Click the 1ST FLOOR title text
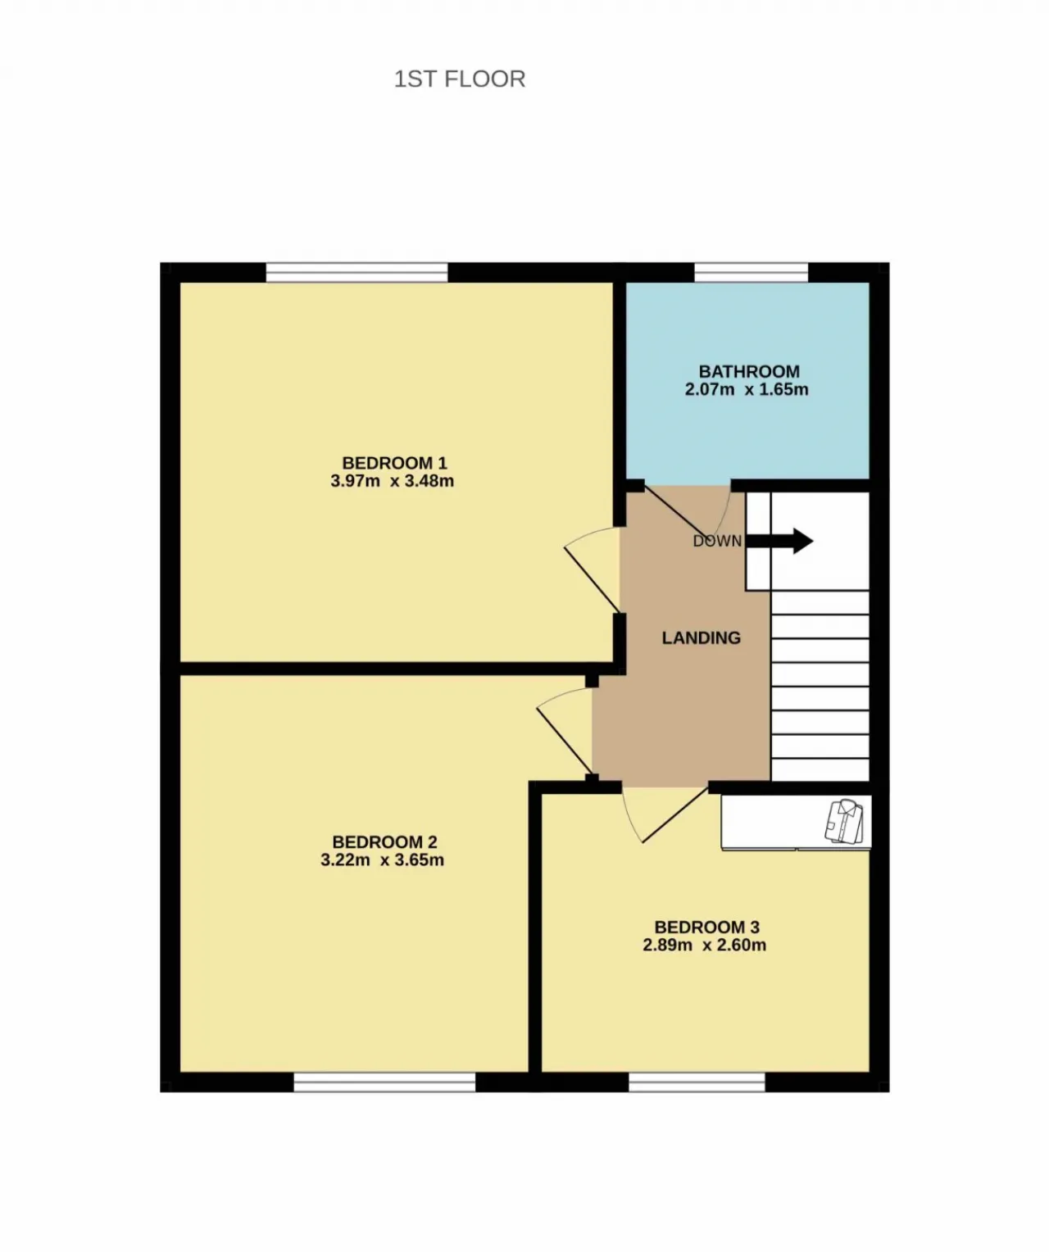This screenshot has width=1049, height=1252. tap(460, 79)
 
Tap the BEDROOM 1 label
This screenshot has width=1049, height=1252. tap(395, 463)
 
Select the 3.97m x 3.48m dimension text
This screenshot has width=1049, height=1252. tap(393, 481)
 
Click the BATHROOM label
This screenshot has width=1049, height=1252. tap(749, 372)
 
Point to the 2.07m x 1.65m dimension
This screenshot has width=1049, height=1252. tap(747, 390)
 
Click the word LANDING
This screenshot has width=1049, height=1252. tap(702, 638)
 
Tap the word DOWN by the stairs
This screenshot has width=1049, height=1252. tap(717, 542)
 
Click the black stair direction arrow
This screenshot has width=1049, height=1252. tap(779, 542)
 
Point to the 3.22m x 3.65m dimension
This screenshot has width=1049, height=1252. tap(383, 860)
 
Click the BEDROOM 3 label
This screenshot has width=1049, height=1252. tap(707, 927)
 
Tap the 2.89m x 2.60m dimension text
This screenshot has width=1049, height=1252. tap(705, 945)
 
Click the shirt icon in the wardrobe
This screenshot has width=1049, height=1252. tap(846, 822)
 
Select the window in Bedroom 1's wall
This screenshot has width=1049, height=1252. tap(356, 273)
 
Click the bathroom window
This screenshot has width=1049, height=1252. tap(752, 273)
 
